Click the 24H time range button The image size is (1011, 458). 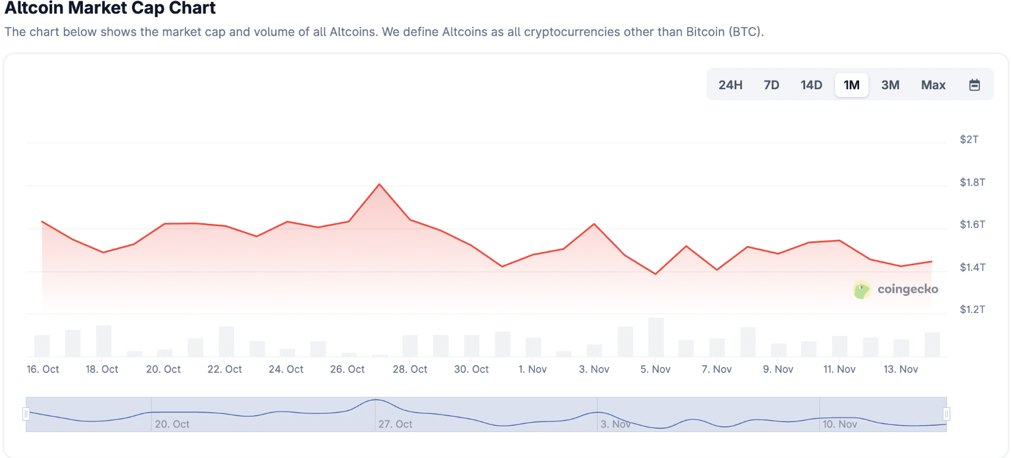730,85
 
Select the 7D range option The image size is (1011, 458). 771,85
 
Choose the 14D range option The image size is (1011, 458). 811,85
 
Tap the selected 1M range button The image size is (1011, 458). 851,85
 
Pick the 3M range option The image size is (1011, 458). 890,85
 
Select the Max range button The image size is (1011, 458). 933,85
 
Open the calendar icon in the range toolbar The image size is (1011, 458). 974,85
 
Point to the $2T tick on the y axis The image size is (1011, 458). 969,140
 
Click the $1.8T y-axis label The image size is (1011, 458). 972,183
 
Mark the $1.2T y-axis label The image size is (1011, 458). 972,309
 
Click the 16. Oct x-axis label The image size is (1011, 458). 43,369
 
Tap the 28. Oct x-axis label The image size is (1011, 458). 410,369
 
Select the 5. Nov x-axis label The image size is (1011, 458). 655,369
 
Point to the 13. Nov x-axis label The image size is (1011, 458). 900,369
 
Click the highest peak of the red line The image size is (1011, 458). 380,184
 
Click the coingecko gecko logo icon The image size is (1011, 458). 861,289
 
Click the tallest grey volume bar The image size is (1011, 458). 655,337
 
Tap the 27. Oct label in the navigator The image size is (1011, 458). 395,424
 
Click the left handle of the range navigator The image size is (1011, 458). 26,414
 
